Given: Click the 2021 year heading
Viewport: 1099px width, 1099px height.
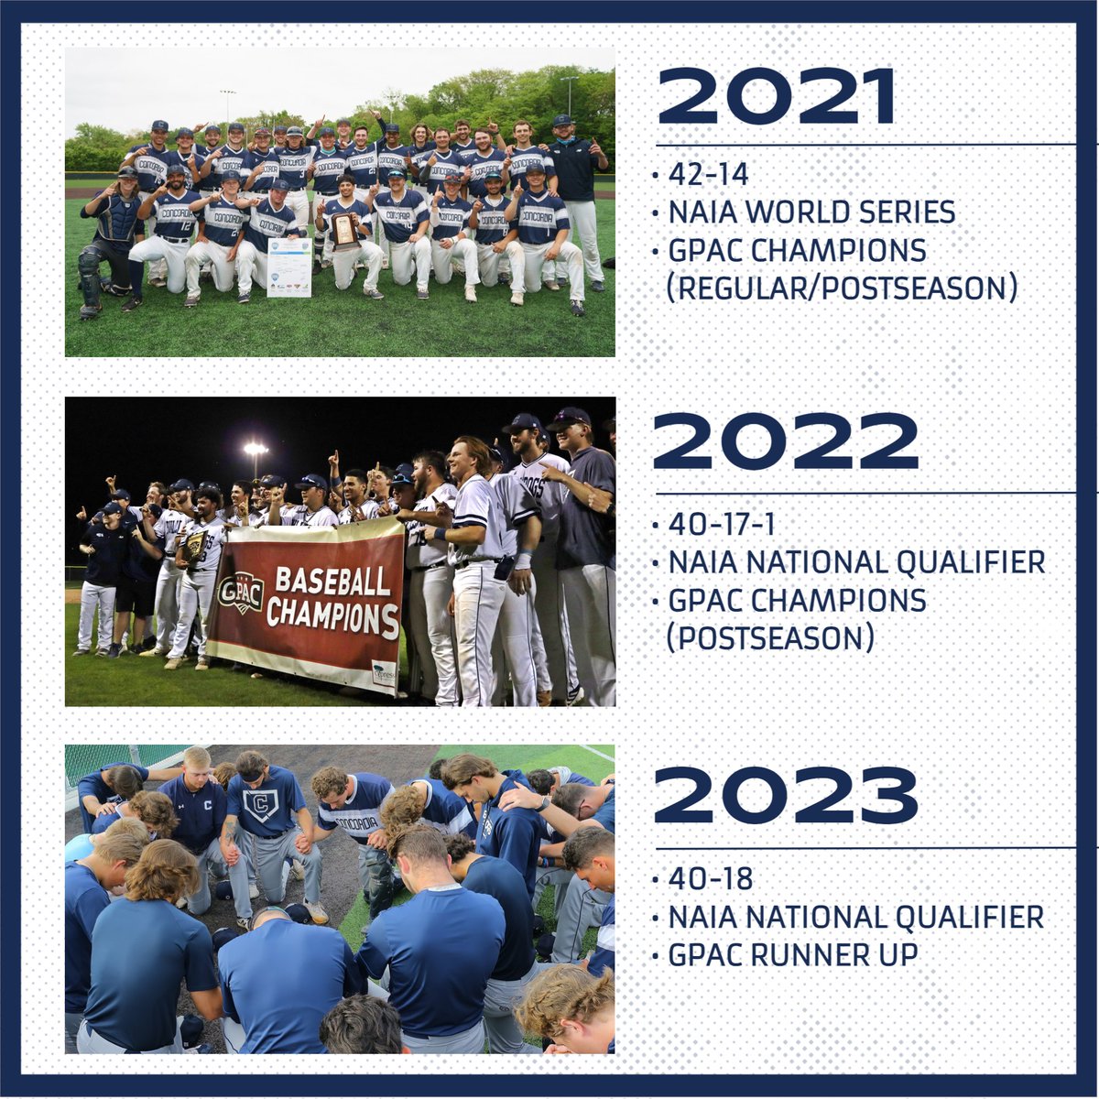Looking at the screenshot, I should (x=776, y=96).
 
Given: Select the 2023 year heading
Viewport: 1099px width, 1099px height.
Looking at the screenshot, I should (x=785, y=794).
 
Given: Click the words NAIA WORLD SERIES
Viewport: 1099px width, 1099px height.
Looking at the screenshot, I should (x=811, y=212).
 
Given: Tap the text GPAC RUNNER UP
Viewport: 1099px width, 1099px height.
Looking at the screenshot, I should (x=792, y=955).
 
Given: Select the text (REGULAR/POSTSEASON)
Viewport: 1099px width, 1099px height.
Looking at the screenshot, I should (x=842, y=288).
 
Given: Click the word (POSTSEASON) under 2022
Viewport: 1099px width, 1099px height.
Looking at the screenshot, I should (x=769, y=637).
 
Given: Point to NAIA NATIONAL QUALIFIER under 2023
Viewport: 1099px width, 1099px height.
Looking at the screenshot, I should (x=855, y=917).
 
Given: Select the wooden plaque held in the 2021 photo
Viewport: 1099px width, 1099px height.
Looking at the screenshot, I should (x=344, y=231).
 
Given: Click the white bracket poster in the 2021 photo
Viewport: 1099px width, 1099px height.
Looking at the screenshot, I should (x=288, y=267).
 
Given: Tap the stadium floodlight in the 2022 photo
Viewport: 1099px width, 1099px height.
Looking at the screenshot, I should (x=256, y=449).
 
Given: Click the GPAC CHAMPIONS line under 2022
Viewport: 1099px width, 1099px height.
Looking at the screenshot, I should (x=797, y=600).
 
